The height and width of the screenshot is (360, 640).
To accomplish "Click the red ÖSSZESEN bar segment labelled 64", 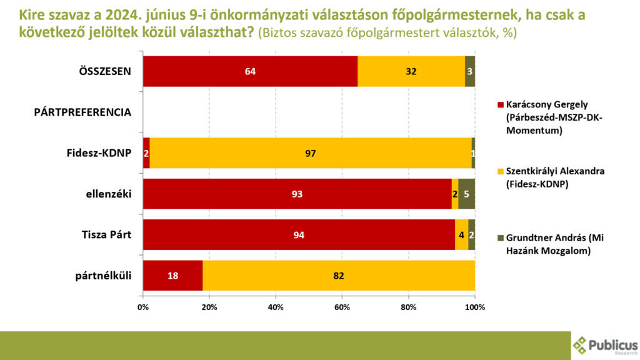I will pos(250,71).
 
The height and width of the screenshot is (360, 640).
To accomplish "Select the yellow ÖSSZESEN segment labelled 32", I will pos(411,71).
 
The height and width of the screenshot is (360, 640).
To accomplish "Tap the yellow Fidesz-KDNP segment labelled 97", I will pos(311,153).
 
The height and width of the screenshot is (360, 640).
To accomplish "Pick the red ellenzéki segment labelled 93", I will pos(297,194).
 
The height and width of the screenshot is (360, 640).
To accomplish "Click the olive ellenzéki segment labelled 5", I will pos(466,194).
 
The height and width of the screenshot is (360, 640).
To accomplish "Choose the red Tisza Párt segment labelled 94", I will pos(299,235).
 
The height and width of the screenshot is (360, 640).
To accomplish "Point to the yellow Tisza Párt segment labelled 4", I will pos(461,235).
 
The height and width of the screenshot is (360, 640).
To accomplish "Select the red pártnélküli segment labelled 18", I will pos(172,276).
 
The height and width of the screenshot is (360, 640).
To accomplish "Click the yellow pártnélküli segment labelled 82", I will pos(338,276).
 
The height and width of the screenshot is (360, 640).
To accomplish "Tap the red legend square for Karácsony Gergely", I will pos(499,104).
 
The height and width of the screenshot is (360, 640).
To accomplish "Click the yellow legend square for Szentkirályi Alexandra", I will pos(499,171).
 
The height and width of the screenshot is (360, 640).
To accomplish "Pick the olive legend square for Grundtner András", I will pos(499,238).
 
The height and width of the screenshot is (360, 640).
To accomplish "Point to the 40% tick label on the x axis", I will pos(276,307).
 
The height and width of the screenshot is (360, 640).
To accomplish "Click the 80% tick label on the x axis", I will pos(408,307).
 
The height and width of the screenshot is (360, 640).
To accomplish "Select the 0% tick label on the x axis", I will pos(143,307).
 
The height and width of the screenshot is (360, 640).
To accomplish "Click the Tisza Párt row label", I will pos(104,235).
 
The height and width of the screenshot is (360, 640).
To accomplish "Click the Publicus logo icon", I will pos(580,345).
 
